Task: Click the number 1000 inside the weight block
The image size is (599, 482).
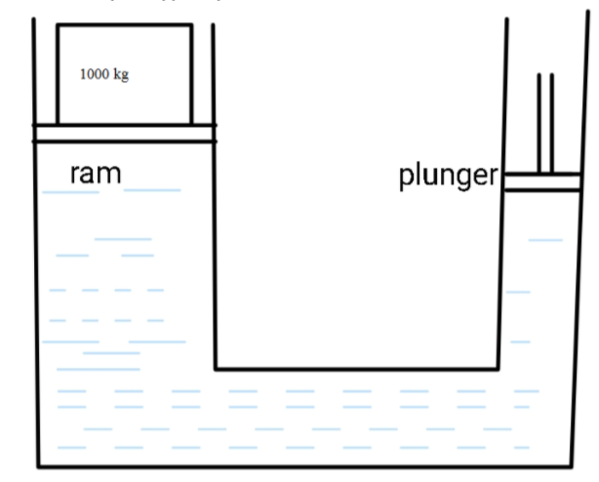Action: (96, 75)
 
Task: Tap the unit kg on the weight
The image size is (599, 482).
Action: (120, 75)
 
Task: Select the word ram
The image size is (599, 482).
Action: (96, 175)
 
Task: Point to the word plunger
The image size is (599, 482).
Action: (448, 177)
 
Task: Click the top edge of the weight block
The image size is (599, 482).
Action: (124, 25)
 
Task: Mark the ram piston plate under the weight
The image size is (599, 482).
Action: (124, 133)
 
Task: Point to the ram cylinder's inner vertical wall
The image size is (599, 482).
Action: (214, 254)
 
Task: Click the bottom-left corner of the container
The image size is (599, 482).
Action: (38, 465)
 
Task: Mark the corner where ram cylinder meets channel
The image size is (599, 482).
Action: (215, 369)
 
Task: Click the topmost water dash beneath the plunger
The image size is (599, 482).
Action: (545, 239)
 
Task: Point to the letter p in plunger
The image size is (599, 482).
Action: (407, 180)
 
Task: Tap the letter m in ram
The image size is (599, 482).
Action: (110, 176)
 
